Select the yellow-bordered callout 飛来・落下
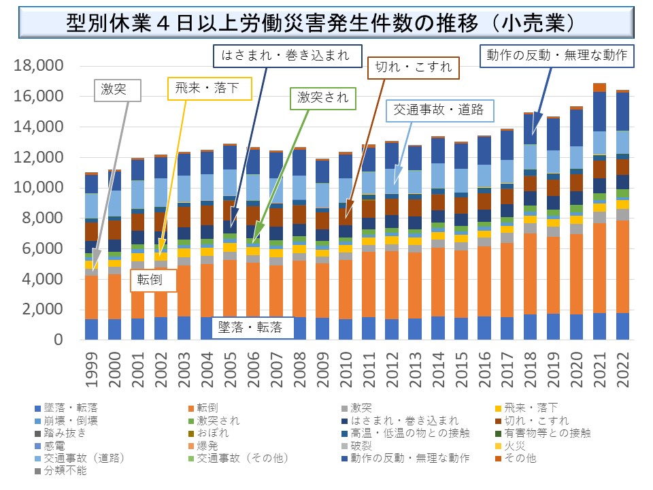[210, 88]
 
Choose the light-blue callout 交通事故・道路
[439, 110]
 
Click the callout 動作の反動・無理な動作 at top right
[557, 54]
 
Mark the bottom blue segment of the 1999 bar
[91, 329]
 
